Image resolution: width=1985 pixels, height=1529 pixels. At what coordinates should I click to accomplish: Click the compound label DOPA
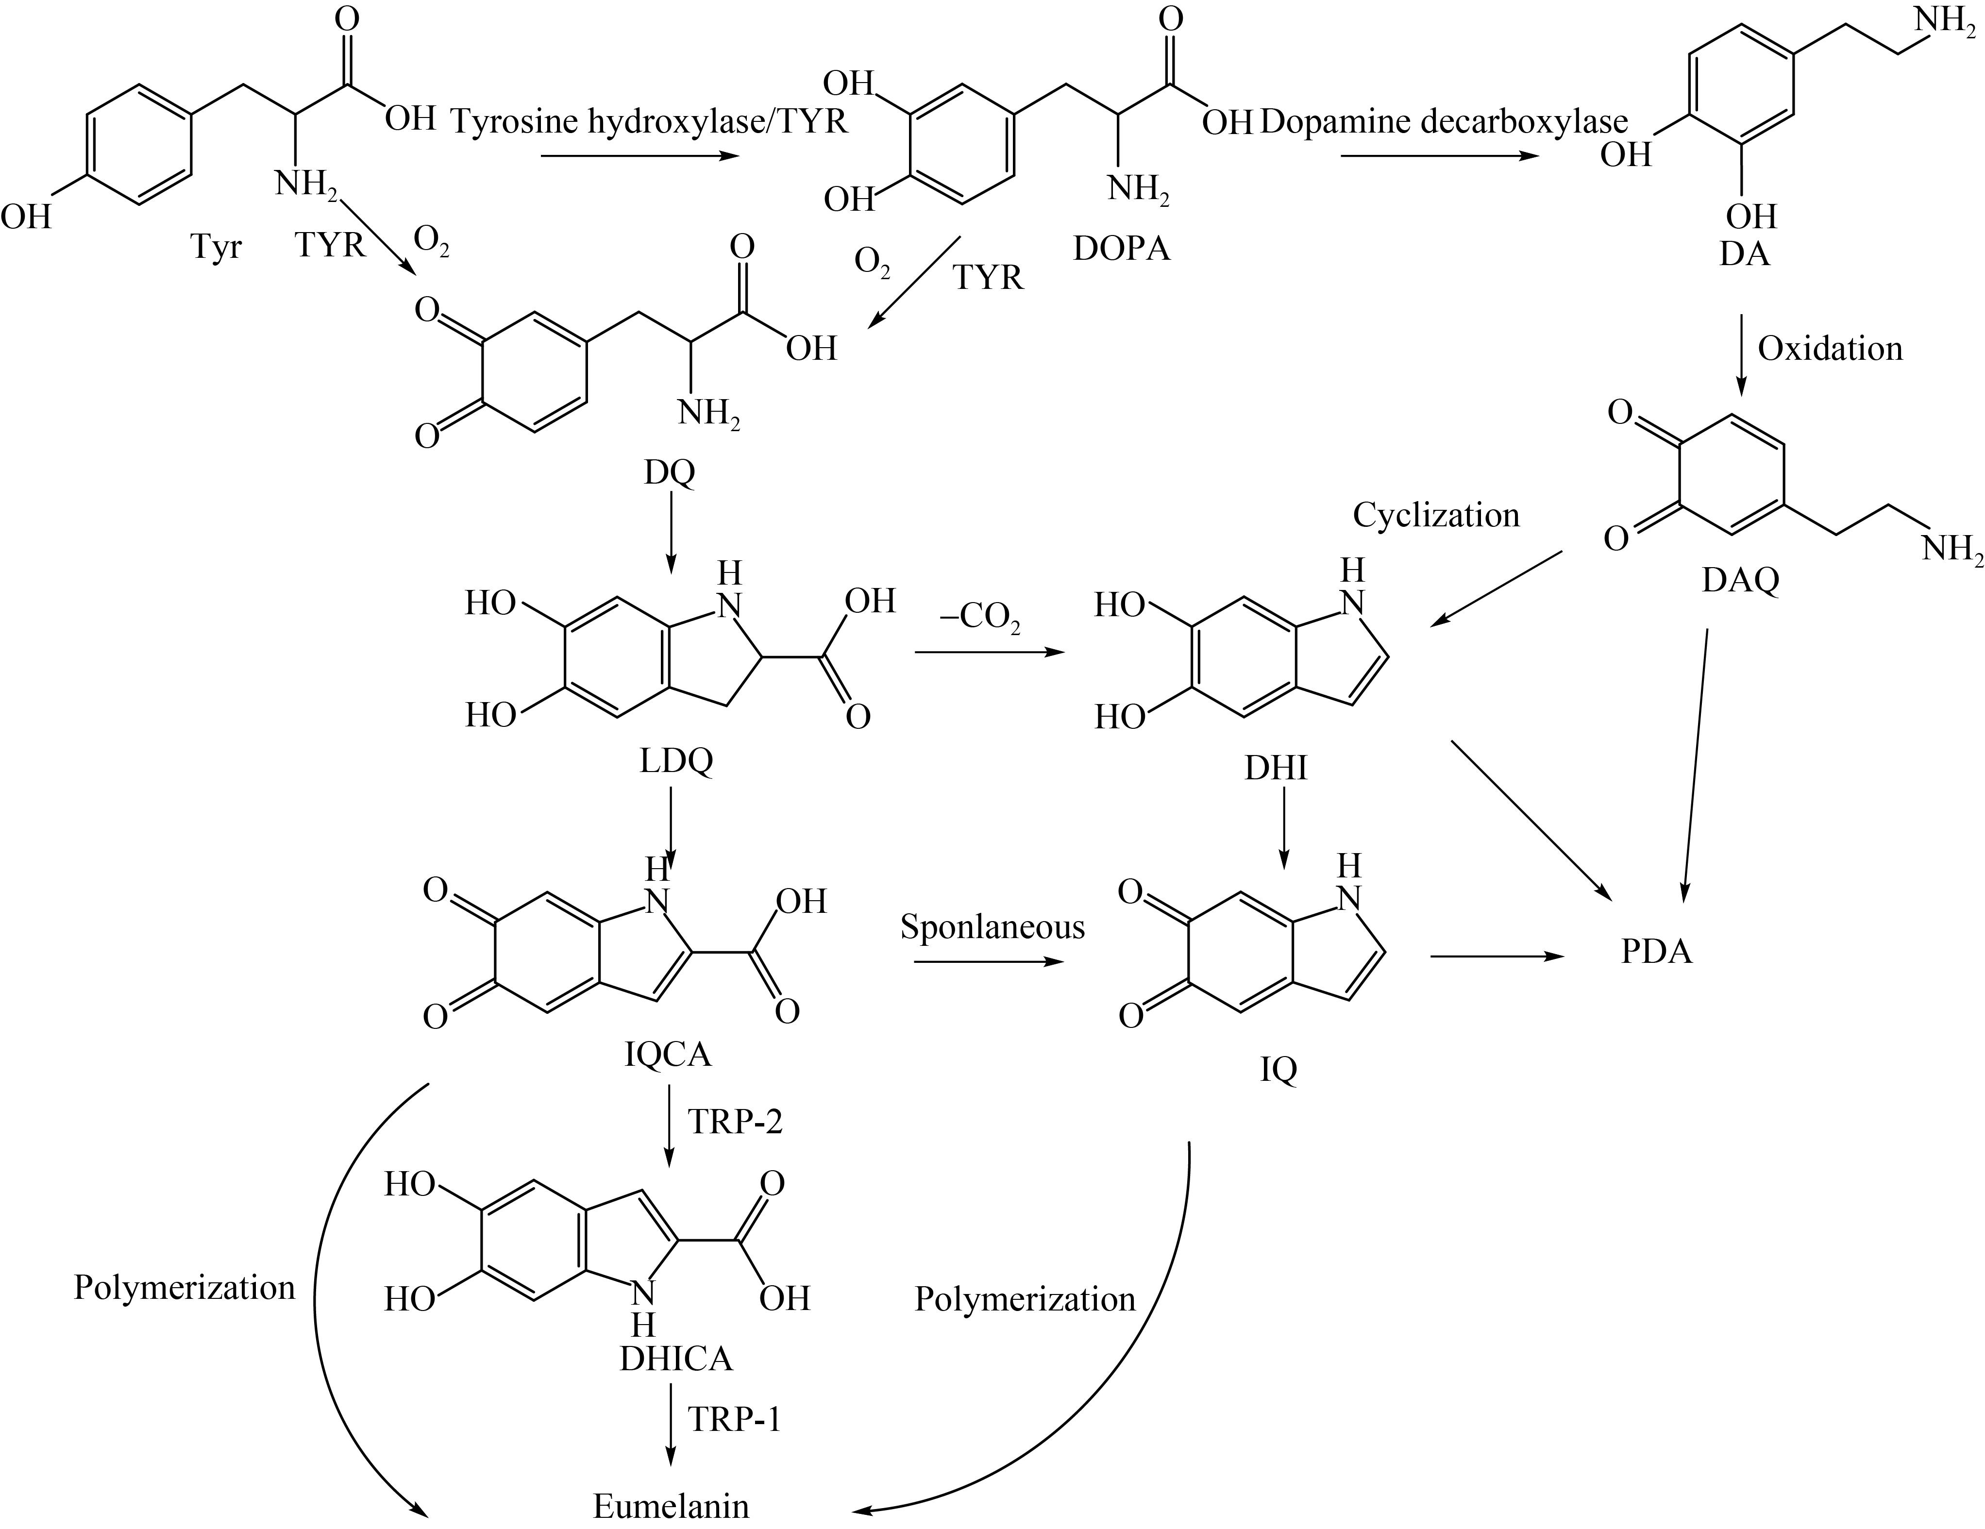pos(1122,248)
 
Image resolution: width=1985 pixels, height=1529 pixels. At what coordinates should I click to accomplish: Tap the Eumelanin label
pos(671,1505)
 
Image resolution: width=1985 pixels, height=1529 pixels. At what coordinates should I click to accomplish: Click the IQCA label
pos(668,1055)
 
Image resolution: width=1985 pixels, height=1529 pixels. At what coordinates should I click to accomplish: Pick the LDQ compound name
pos(676,761)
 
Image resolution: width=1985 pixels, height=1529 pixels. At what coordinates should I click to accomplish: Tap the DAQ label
pos(1740,579)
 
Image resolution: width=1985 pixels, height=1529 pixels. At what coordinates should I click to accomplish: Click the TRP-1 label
pos(734,1419)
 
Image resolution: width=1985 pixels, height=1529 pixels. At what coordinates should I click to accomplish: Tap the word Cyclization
pos(1436,516)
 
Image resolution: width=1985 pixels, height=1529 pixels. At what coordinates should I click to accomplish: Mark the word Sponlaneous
pos(992,927)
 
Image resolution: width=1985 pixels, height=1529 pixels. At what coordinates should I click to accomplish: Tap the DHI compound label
pos(1276,768)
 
